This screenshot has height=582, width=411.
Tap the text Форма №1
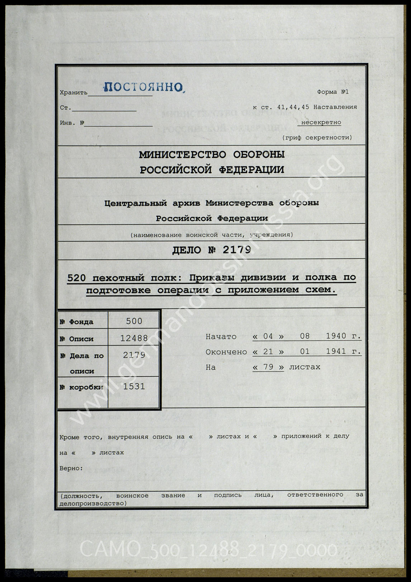(332, 92)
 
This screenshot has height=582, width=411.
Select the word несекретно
(321, 122)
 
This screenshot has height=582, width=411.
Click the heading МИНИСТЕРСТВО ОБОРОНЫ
(212, 155)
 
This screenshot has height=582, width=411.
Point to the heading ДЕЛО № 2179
(212, 250)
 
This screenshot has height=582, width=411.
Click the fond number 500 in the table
(134, 321)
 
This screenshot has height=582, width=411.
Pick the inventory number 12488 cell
(134, 338)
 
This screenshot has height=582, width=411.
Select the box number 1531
(134, 386)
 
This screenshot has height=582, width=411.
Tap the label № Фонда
(76, 322)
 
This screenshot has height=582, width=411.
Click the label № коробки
(81, 387)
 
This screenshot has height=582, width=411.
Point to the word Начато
(221, 337)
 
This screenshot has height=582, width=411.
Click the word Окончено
(226, 352)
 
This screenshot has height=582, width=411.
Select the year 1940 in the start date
(336, 336)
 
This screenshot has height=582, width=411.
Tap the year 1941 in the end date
(336, 352)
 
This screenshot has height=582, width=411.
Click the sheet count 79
(268, 367)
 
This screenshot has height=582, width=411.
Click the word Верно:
(71, 468)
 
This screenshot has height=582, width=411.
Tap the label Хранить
(74, 93)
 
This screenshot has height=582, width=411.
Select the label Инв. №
(72, 123)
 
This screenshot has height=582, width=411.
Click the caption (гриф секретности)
(317, 137)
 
